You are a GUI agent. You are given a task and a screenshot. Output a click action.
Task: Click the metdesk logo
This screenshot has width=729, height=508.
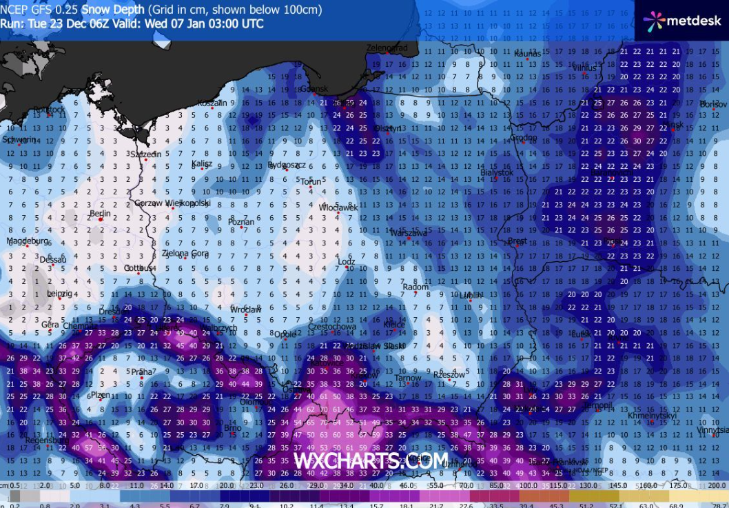[x=681, y=21]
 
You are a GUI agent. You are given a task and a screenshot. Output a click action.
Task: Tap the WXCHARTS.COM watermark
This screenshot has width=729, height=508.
[x=371, y=460]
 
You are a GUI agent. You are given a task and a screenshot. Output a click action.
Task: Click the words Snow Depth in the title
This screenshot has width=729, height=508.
[x=114, y=10]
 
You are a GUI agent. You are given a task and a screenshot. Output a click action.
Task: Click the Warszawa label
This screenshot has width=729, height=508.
[x=409, y=233]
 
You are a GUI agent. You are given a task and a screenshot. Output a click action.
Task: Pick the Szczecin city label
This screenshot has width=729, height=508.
[x=145, y=154]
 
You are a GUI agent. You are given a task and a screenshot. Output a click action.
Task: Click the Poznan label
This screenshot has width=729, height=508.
[x=241, y=222]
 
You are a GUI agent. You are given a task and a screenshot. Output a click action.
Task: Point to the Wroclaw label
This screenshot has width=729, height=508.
[x=246, y=310]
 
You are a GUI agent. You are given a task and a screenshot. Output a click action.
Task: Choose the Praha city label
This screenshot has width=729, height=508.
[x=141, y=372]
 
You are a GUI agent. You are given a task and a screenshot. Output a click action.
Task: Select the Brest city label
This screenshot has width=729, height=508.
[x=517, y=242]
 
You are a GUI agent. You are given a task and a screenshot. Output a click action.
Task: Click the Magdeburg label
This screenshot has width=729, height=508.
[x=28, y=241]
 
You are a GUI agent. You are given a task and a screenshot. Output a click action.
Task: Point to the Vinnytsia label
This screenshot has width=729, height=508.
[x=712, y=430]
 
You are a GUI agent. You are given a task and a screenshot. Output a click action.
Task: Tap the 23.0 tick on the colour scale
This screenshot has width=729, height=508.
[x=258, y=486]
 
